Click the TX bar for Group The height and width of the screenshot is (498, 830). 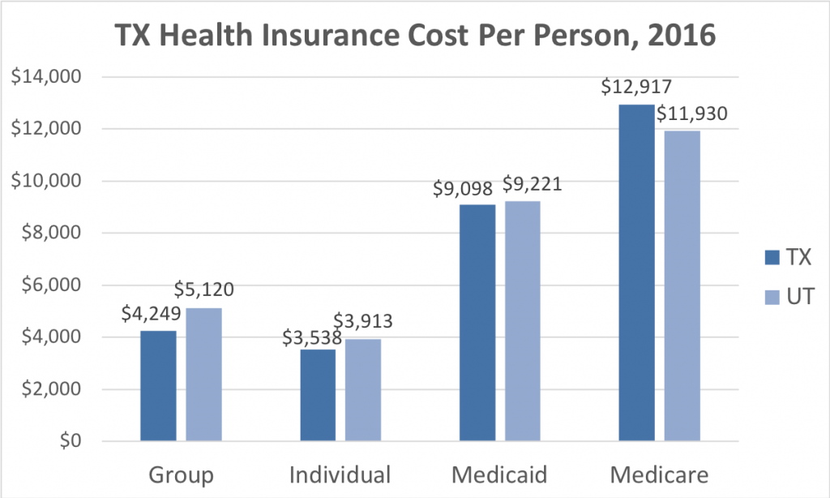click(158, 386)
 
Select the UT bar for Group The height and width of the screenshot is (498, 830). click(203, 375)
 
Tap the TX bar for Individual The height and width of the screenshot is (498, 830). click(318, 395)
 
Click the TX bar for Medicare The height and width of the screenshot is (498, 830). click(636, 273)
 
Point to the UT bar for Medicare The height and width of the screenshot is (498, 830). click(682, 285)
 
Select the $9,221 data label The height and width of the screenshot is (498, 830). click(531, 184)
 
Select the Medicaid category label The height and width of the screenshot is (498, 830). click(499, 474)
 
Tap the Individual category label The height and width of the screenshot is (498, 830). click(340, 474)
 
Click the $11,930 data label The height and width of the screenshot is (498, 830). click(691, 114)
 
